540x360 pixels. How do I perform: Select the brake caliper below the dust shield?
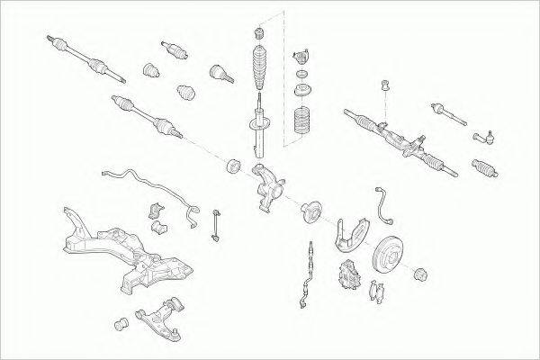point(346,275)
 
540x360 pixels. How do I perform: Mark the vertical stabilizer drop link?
point(216,226)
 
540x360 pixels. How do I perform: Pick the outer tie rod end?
point(484,138)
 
